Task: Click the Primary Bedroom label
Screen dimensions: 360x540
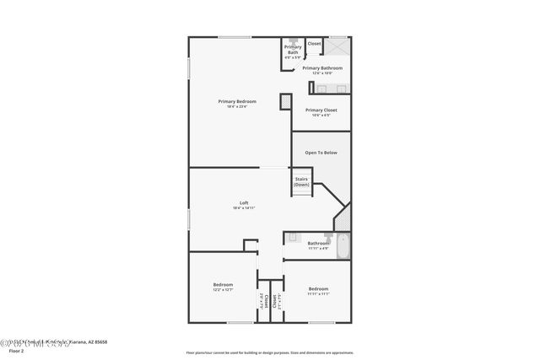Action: click(236, 101)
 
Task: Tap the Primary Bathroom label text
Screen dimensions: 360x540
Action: click(322, 67)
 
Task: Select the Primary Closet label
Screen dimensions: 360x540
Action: click(321, 110)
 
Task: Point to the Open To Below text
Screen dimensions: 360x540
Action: click(321, 153)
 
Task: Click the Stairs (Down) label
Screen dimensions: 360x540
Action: click(302, 181)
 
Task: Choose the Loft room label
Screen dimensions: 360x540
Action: click(244, 202)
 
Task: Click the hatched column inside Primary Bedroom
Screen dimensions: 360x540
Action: click(286, 100)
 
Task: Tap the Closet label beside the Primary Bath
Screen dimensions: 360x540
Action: click(314, 43)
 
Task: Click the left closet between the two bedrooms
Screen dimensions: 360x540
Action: click(262, 301)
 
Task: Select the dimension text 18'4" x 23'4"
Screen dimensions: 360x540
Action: click(236, 106)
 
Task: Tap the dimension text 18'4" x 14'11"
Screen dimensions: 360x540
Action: click(244, 207)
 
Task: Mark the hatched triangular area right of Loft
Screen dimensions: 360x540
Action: click(343, 220)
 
